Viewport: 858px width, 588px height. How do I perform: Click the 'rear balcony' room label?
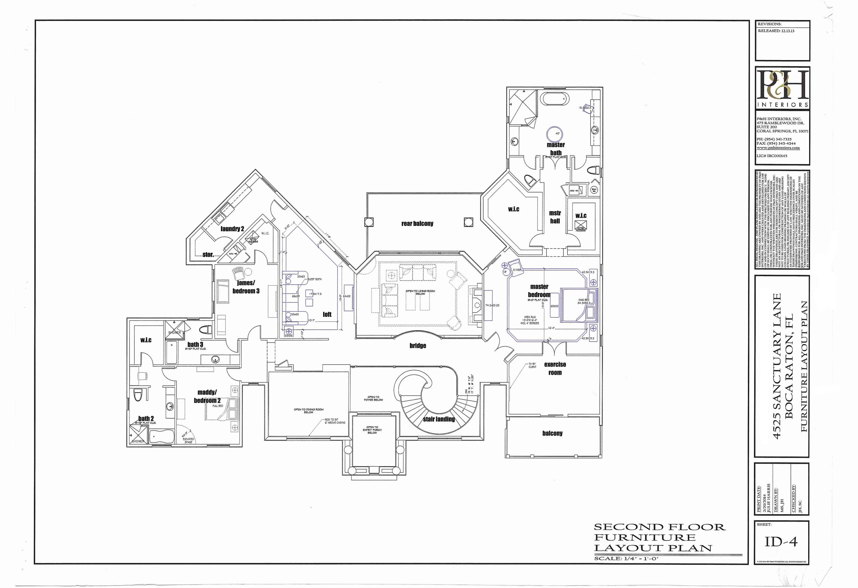417,223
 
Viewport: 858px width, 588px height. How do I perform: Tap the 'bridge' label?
418,346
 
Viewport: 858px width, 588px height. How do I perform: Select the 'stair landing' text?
439,419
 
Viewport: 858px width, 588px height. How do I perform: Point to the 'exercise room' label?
555,368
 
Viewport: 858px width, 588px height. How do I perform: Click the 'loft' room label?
327,314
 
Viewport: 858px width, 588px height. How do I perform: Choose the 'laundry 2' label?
232,229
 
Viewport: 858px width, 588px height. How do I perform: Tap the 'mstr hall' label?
555,217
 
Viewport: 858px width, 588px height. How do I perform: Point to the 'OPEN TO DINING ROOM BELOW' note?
308,411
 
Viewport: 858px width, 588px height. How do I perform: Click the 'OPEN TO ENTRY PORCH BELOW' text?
372,430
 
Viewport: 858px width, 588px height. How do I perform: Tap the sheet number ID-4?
781,542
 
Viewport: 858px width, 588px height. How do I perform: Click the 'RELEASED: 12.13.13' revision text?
776,31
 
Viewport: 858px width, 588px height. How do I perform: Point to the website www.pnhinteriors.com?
778,148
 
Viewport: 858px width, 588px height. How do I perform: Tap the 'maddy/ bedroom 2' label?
207,396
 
